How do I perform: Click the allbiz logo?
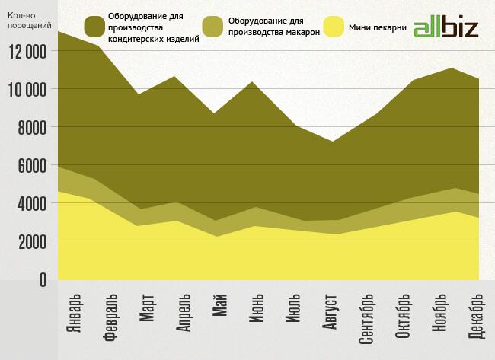pos(446,27)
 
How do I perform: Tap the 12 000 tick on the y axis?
pos(26,51)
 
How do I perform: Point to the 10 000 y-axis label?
pos(26,89)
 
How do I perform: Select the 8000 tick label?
pos(31,127)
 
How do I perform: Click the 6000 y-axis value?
pos(31,165)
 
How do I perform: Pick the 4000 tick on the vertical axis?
pos(31,203)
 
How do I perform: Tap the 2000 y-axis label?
pos(31,241)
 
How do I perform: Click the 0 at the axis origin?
pos(43,280)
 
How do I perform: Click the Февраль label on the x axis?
pos(110,318)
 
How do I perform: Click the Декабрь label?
pos(477,318)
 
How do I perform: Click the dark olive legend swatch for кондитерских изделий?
pos(96,27)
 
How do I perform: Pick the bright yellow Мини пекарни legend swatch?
pos(334,27)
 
